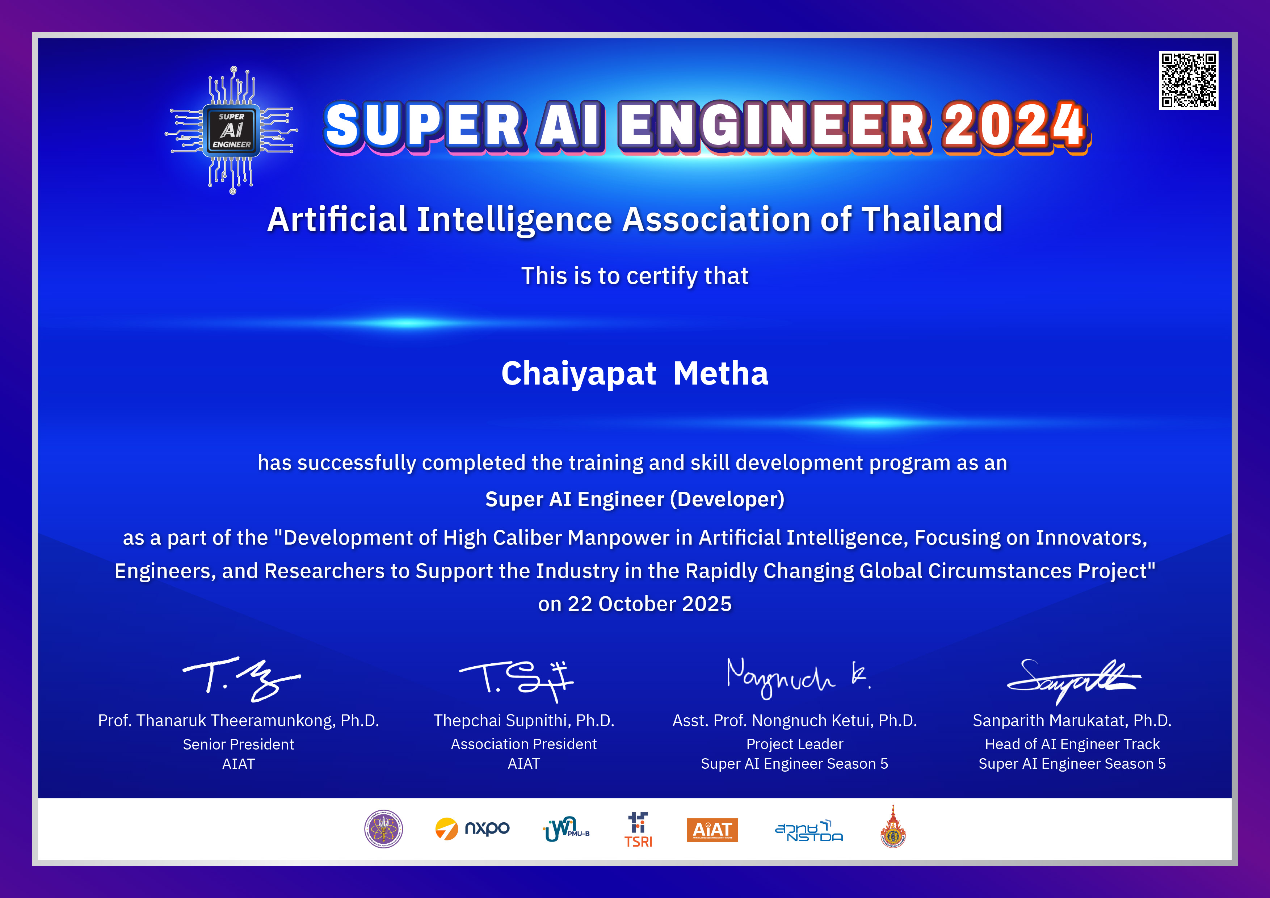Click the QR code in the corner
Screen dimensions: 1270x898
tap(1189, 81)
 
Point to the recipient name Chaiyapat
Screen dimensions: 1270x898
tap(579, 374)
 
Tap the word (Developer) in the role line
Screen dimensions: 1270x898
tap(727, 500)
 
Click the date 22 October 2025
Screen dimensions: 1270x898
tap(649, 604)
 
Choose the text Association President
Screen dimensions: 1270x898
tap(524, 744)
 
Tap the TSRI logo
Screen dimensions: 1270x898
tap(638, 830)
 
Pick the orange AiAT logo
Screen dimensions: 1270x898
tap(712, 830)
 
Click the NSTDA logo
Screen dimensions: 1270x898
tap(809, 831)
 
